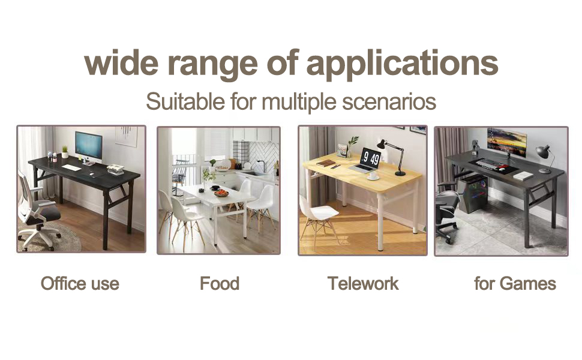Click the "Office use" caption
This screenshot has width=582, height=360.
pos(80,283)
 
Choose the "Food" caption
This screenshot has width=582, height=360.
pos(220,283)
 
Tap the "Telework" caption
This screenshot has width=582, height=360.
pos(363,283)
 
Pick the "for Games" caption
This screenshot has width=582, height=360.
pos(515,283)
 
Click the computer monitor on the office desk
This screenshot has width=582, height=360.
pos(89,145)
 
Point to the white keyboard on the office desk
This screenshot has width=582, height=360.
pos(74,167)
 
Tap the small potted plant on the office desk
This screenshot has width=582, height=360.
pos(65,151)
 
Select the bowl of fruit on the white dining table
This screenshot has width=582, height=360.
pos(221,193)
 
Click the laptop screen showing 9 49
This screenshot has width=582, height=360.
pos(370,157)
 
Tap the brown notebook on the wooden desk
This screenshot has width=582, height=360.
pos(326,163)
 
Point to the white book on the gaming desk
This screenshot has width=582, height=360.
pos(523,176)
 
